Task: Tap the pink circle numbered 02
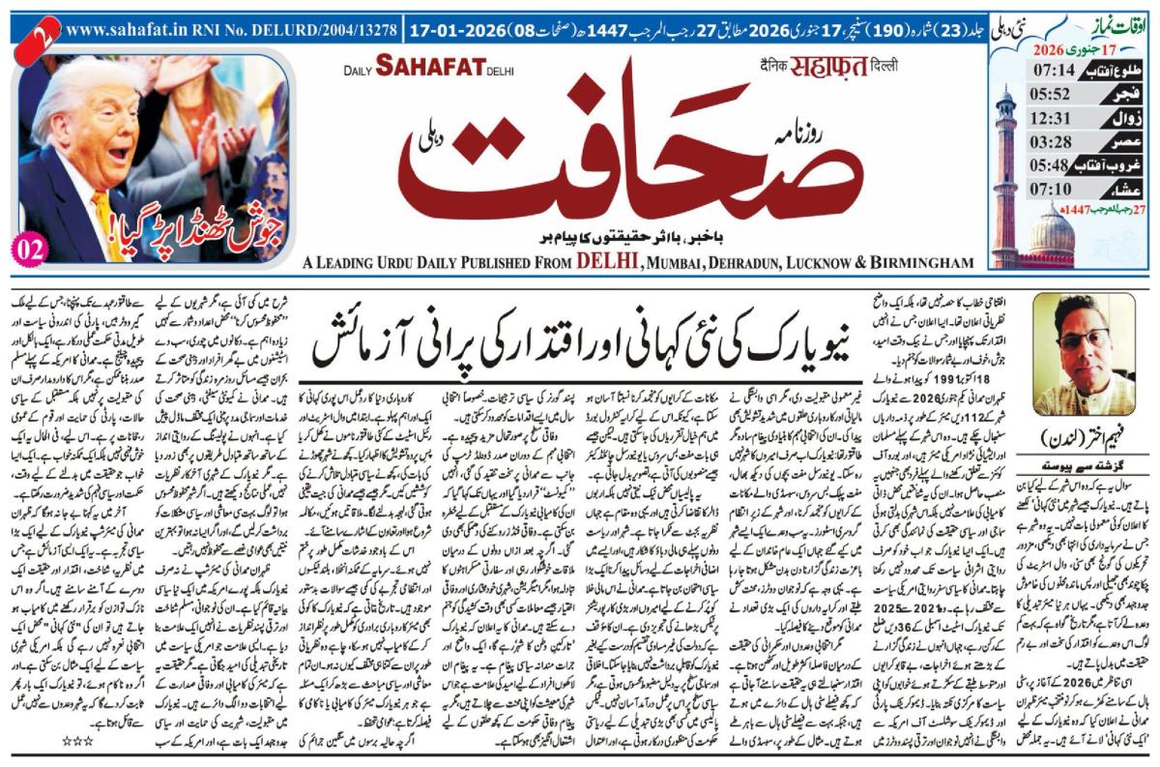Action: pyautogui.click(x=31, y=246)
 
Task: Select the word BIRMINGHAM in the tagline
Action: pyautogui.click(x=916, y=263)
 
